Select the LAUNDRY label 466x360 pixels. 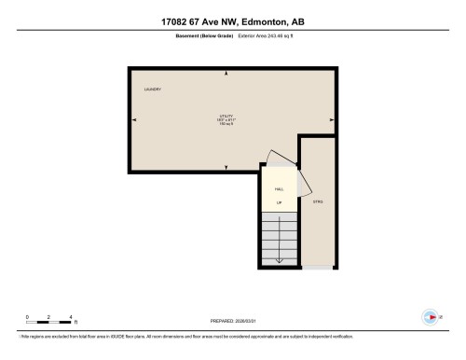point(153,90)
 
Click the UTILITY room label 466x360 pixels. point(225,116)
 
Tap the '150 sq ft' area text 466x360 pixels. point(225,125)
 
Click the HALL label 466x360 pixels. point(279,188)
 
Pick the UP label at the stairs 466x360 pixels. point(279,201)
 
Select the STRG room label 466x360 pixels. point(317,201)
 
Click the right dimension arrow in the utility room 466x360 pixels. point(331,120)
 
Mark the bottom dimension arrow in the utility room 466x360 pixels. point(225,166)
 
